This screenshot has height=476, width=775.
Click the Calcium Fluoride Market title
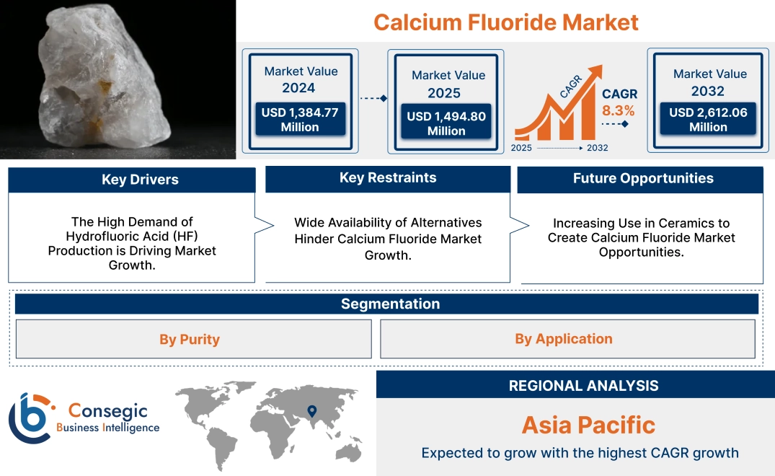[505, 22]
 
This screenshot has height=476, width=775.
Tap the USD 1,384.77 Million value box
[300, 119]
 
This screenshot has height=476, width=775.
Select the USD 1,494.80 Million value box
[446, 123]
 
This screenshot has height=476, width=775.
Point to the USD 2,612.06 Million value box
[708, 119]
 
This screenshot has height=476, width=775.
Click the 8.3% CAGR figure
[619, 110]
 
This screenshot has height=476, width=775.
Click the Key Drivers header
[140, 180]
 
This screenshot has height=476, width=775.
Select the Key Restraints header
[388, 178]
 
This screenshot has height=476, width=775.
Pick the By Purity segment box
[190, 339]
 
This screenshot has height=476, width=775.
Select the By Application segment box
[564, 338]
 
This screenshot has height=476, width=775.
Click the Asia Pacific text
[588, 425]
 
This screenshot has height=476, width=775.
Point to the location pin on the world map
[311, 411]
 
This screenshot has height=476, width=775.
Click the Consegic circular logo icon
[30, 417]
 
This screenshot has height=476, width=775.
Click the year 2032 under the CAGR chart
[597, 148]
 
